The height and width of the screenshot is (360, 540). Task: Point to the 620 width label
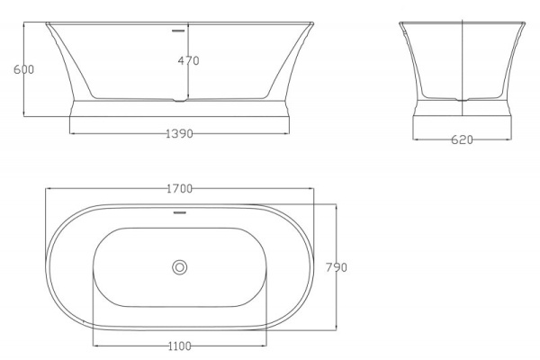click(x=462, y=139)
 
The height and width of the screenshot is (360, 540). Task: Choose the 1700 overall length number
click(x=180, y=189)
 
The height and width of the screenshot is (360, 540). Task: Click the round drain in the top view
click(x=180, y=266)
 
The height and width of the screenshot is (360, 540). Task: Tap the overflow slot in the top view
click(x=179, y=214)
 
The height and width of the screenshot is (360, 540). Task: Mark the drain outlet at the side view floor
click(x=180, y=99)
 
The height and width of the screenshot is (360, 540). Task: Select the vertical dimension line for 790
click(x=336, y=297)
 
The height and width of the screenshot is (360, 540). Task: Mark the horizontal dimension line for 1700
click(x=108, y=189)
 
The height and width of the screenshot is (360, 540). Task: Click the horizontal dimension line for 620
click(x=432, y=139)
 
